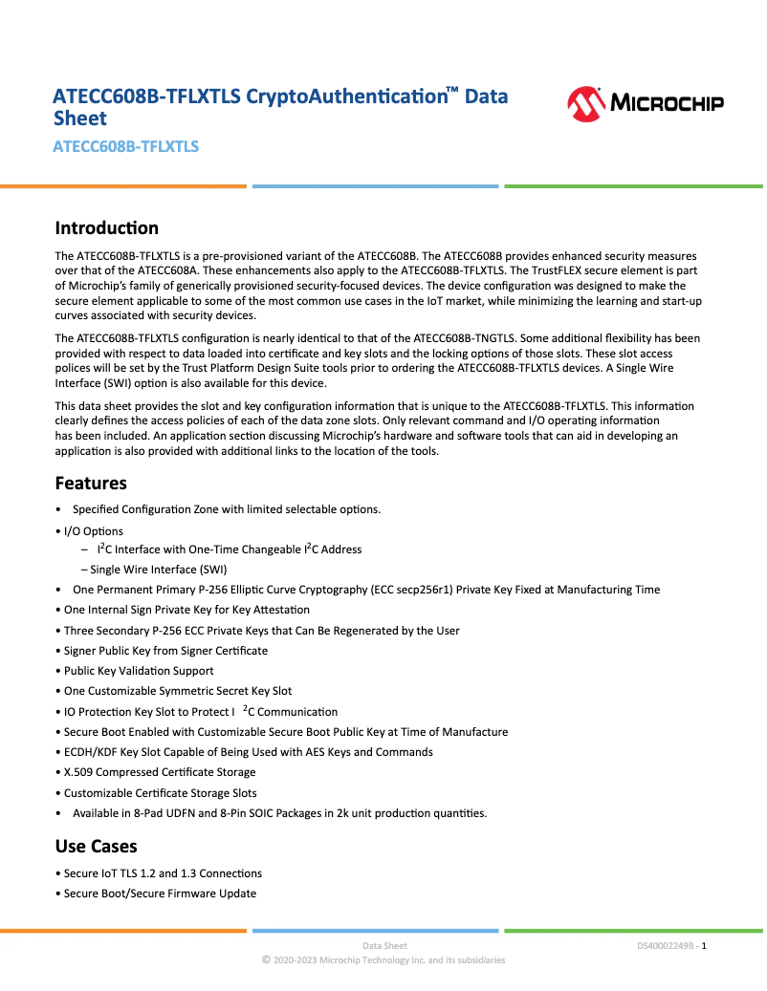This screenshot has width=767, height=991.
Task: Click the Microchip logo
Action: tap(645, 103)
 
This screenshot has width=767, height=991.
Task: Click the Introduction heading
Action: tap(106, 228)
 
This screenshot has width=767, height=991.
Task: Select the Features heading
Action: tap(91, 483)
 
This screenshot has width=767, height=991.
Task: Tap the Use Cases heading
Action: tap(96, 847)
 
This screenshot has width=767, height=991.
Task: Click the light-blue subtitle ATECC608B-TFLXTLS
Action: tap(125, 147)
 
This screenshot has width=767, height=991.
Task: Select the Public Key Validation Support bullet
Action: tap(139, 671)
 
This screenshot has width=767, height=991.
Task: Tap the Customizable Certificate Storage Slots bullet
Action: tap(160, 793)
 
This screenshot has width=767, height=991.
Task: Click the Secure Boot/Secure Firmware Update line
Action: tap(160, 894)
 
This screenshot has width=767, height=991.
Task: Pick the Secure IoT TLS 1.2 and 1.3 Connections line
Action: tap(163, 873)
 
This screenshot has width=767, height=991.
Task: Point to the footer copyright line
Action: tap(383, 960)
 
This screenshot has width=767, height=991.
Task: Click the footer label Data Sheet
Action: tap(384, 946)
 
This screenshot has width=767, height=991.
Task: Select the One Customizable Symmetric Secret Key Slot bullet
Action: tap(178, 691)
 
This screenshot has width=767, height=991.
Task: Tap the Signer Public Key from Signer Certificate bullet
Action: tap(165, 651)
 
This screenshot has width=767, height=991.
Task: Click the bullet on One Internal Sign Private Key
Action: tap(186, 610)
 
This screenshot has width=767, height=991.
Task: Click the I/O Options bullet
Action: tap(93, 531)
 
